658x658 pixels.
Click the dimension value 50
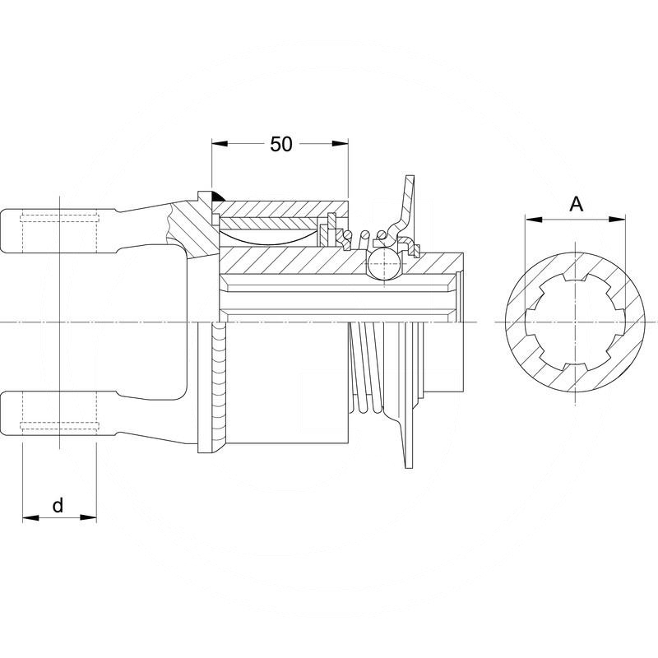[281, 144]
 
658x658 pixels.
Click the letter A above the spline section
[577, 204]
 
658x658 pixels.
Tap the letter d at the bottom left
[58, 505]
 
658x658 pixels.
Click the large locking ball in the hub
[383, 265]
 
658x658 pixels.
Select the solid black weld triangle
[215, 197]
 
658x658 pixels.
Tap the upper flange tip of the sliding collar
[408, 185]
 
